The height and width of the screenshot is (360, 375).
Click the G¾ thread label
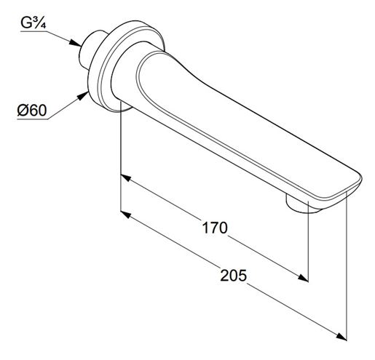(x=33, y=23)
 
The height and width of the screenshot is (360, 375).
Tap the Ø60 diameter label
(x=32, y=111)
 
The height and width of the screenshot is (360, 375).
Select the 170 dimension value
(x=215, y=228)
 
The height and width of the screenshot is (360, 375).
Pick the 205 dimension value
(x=233, y=276)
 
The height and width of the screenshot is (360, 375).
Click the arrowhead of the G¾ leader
(x=75, y=43)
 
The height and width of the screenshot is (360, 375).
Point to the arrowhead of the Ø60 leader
(x=82, y=96)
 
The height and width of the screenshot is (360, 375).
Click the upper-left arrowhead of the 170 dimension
(x=126, y=178)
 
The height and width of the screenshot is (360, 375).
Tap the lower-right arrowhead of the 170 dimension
(x=303, y=278)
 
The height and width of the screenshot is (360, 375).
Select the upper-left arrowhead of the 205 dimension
(x=126, y=215)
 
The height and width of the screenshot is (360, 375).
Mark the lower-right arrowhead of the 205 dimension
(x=341, y=336)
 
